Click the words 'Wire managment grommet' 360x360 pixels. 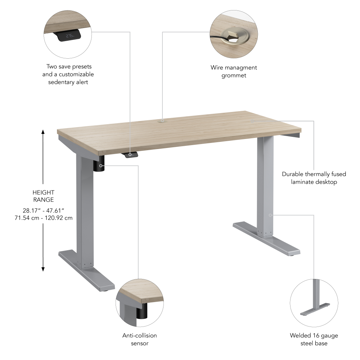(x=234, y=71)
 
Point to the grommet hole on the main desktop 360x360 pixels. (x=162, y=121)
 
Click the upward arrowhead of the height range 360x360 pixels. (x=43, y=132)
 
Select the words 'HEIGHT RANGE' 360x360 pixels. (x=43, y=196)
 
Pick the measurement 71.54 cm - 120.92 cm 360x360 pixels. (x=43, y=218)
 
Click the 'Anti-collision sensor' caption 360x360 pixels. (x=139, y=339)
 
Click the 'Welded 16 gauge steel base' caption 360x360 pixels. (x=314, y=339)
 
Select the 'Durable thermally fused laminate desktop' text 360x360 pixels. (x=314, y=178)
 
